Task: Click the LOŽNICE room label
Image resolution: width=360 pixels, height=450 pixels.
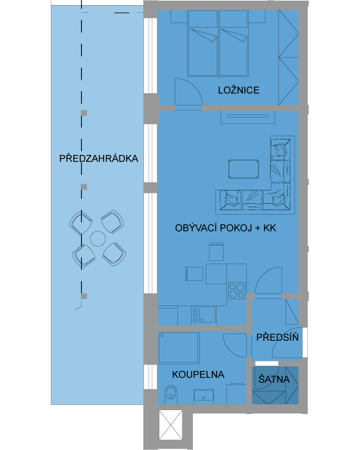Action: point(239,90)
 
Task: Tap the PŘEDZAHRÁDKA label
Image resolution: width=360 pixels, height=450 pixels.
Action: point(98,158)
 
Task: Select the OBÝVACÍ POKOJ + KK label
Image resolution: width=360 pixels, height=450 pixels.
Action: point(226,228)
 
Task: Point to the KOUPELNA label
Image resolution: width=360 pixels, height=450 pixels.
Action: point(198,375)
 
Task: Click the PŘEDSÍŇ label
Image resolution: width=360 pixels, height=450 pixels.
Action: point(277,337)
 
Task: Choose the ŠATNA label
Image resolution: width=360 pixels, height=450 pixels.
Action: point(274,379)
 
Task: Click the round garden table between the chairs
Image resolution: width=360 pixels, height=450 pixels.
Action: point(98,239)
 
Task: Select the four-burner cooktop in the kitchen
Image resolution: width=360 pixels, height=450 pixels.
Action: point(237,291)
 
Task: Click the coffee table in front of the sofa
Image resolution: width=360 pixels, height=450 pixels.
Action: point(244,169)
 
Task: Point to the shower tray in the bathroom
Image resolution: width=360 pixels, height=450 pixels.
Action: point(178,347)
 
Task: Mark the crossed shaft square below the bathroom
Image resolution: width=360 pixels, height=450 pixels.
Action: point(171,425)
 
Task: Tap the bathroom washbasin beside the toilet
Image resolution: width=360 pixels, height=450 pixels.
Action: point(204,396)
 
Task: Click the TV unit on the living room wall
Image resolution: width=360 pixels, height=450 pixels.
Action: point(248,117)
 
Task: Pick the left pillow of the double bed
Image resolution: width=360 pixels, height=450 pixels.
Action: point(203,19)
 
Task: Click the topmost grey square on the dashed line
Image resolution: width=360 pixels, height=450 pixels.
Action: point(84,113)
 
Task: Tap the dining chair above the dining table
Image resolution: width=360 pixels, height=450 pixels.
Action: point(216,251)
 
